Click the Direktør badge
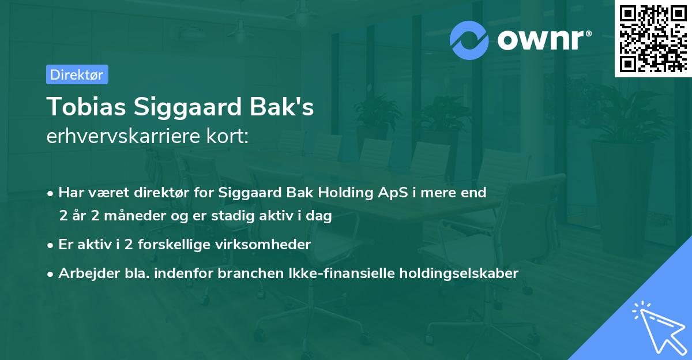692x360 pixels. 77,74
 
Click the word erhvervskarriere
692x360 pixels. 121,137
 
